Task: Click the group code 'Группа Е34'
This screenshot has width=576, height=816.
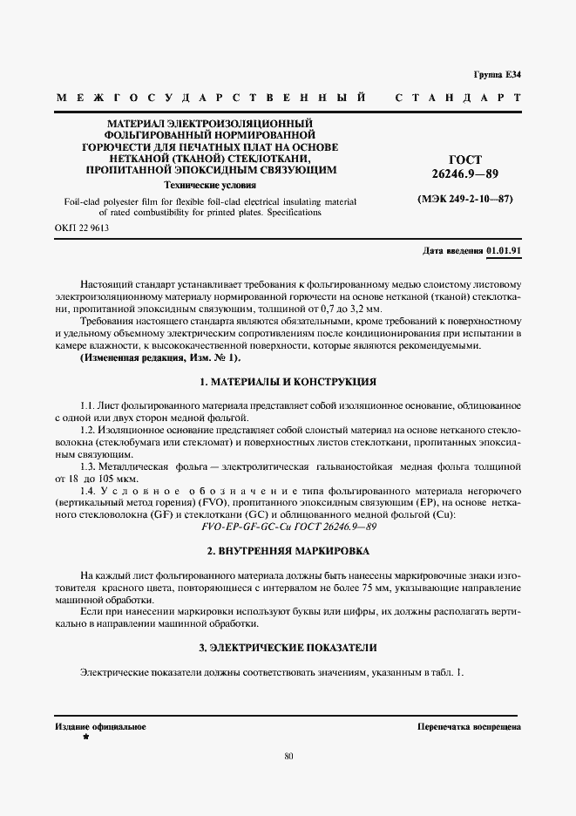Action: pyautogui.click(x=497, y=75)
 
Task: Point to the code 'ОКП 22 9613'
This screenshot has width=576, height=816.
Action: pyautogui.click(x=82, y=228)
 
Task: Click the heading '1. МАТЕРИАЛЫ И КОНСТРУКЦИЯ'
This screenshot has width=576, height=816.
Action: pyautogui.click(x=288, y=382)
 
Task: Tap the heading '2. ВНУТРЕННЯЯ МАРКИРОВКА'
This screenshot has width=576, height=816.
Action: pyautogui.click(x=288, y=551)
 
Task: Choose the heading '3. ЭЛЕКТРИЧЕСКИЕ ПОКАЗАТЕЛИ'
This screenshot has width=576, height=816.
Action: pyautogui.click(x=288, y=648)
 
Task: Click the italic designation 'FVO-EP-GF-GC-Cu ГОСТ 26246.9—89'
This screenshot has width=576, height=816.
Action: pyautogui.click(x=288, y=528)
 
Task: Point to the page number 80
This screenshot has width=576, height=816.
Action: pyautogui.click(x=288, y=755)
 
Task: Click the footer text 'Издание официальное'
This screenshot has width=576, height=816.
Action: pyautogui.click(x=100, y=726)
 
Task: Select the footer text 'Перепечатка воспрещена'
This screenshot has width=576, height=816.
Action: pyautogui.click(x=469, y=726)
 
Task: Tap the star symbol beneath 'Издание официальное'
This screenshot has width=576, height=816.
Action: pyautogui.click(x=85, y=738)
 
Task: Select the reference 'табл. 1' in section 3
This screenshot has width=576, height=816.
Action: pyautogui.click(x=449, y=672)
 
